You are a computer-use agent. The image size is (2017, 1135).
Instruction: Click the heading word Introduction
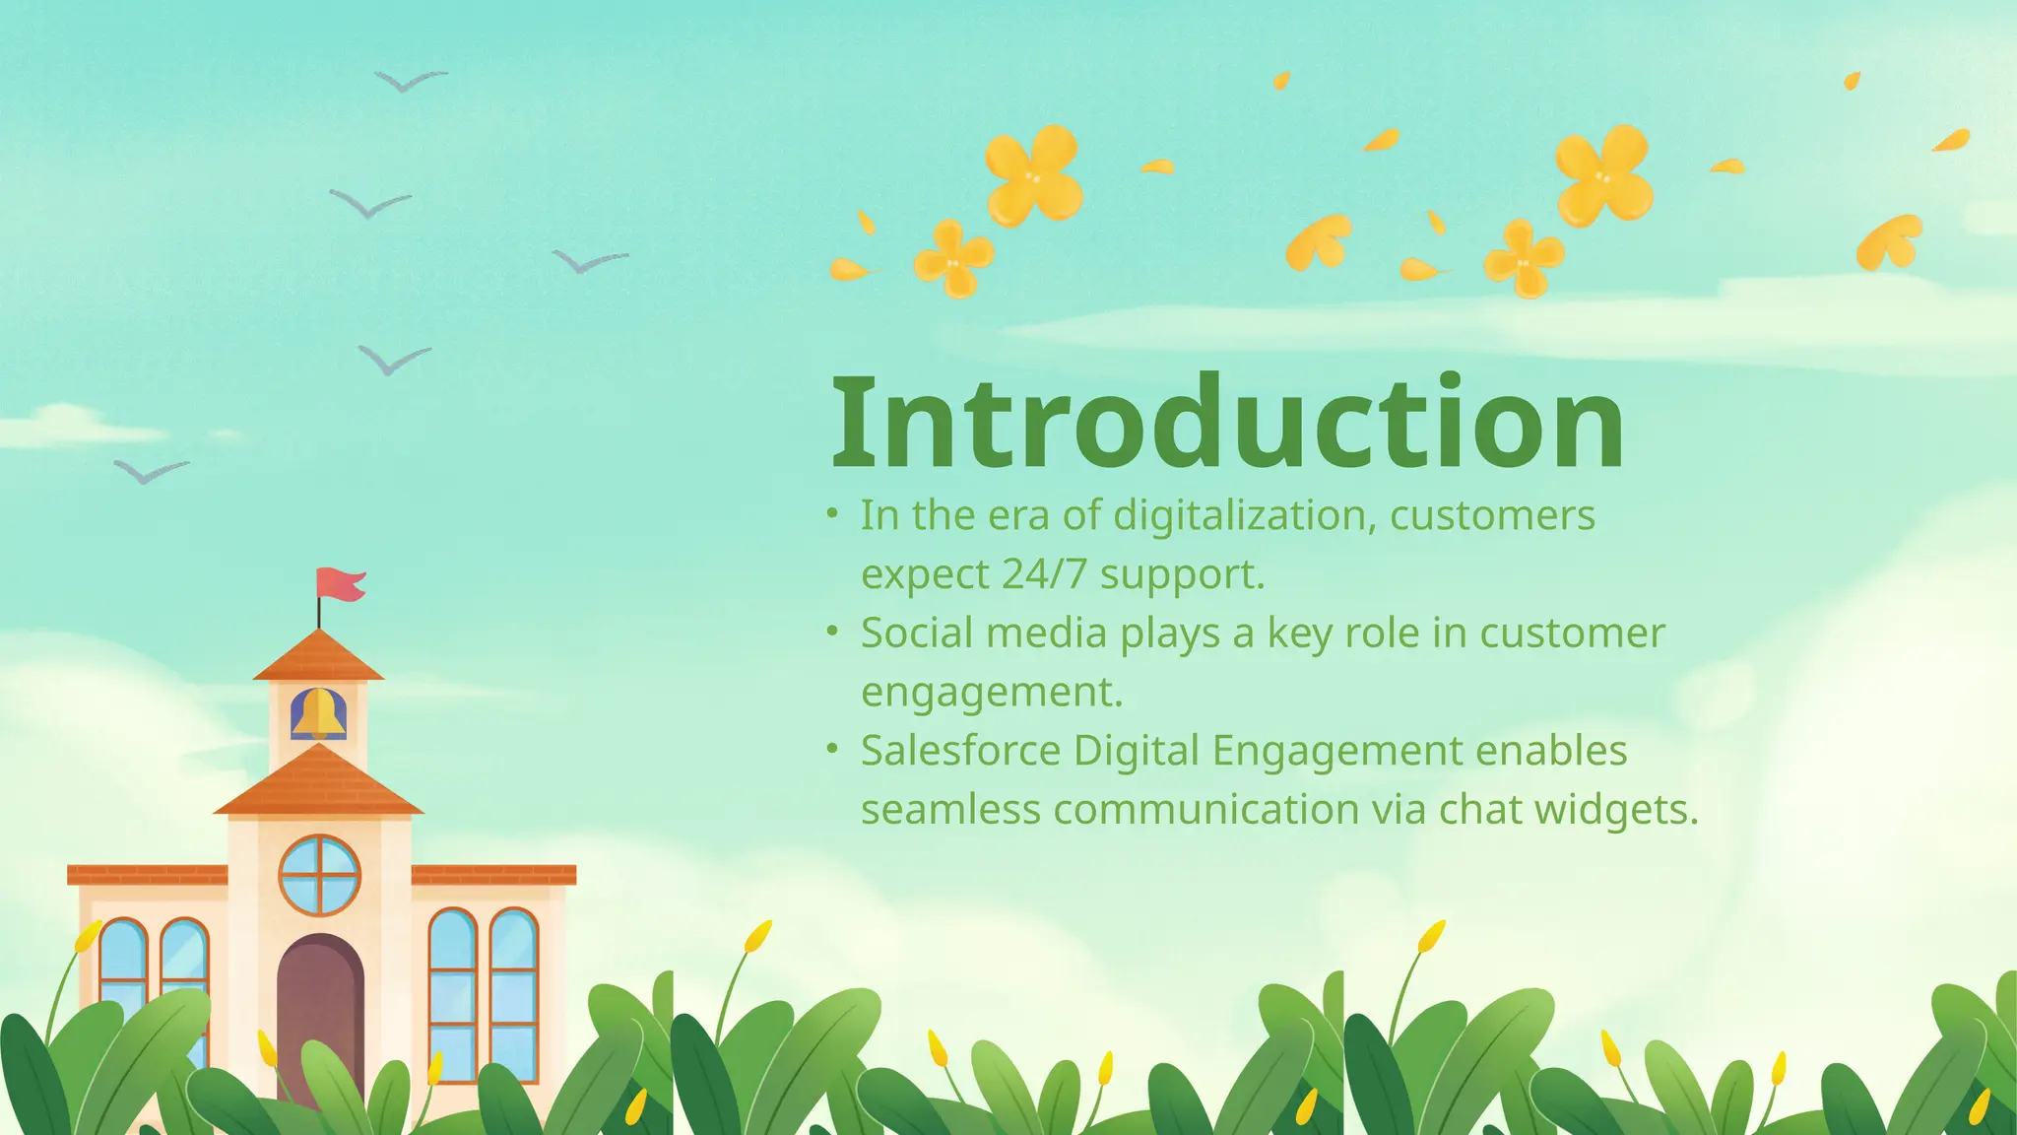[x=1227, y=424]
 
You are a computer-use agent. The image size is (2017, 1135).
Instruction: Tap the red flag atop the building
[x=340, y=584]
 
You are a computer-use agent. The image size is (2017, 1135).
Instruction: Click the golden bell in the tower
[x=318, y=713]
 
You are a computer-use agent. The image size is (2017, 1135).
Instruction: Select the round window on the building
[x=320, y=875]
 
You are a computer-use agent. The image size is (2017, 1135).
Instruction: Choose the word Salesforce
[x=960, y=751]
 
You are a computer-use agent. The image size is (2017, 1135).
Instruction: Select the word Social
[x=917, y=633]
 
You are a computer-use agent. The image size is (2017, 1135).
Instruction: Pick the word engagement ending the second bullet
[x=991, y=692]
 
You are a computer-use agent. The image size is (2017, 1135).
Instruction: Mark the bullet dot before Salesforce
[x=833, y=749]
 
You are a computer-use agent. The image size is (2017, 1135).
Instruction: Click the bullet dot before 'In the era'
[x=833, y=513]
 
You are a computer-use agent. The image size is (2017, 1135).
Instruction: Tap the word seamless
[x=950, y=810]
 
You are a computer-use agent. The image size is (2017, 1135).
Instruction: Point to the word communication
[x=1206, y=810]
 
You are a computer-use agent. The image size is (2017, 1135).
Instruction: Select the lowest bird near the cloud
[x=150, y=472]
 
